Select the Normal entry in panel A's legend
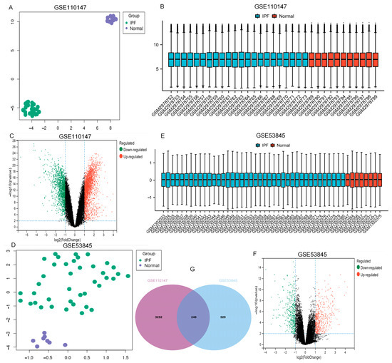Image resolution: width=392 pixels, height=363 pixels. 135,28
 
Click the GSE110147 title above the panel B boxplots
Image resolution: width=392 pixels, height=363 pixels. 272,7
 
